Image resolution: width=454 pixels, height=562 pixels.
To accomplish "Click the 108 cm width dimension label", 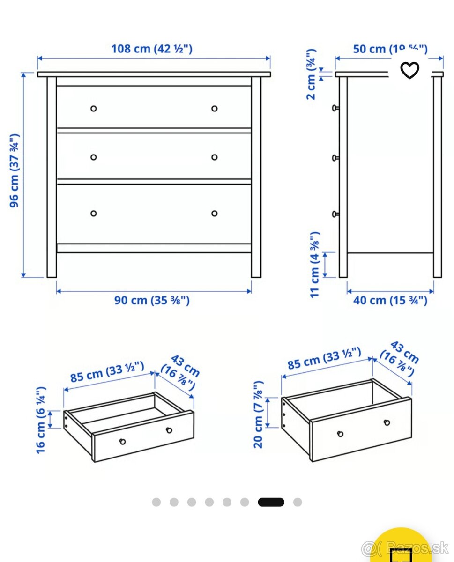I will (x=151, y=49).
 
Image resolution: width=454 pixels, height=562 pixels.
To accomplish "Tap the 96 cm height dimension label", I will (x=15, y=171).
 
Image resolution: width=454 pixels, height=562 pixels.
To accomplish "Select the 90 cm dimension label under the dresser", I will (x=152, y=301).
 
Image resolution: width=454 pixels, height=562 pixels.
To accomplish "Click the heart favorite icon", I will (x=409, y=70).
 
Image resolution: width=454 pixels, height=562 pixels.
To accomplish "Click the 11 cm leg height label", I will (x=315, y=264).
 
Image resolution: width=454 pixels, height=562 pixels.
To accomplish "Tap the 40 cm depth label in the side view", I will (x=390, y=300).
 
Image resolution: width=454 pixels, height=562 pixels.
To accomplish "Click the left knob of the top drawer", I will (x=93, y=109).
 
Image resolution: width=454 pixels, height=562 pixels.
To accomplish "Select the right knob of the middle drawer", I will (x=215, y=157).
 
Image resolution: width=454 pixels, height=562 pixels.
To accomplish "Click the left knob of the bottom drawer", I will (x=93, y=214).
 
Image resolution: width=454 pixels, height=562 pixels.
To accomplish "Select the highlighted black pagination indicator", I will (x=271, y=502).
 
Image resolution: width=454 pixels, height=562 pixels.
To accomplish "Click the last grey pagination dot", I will (x=298, y=502).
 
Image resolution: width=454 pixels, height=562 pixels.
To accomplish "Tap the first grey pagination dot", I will (x=156, y=502).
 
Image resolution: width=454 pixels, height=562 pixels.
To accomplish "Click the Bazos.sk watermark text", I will (x=412, y=547).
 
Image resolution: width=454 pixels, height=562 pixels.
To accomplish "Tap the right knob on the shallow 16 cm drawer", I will (x=169, y=430).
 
